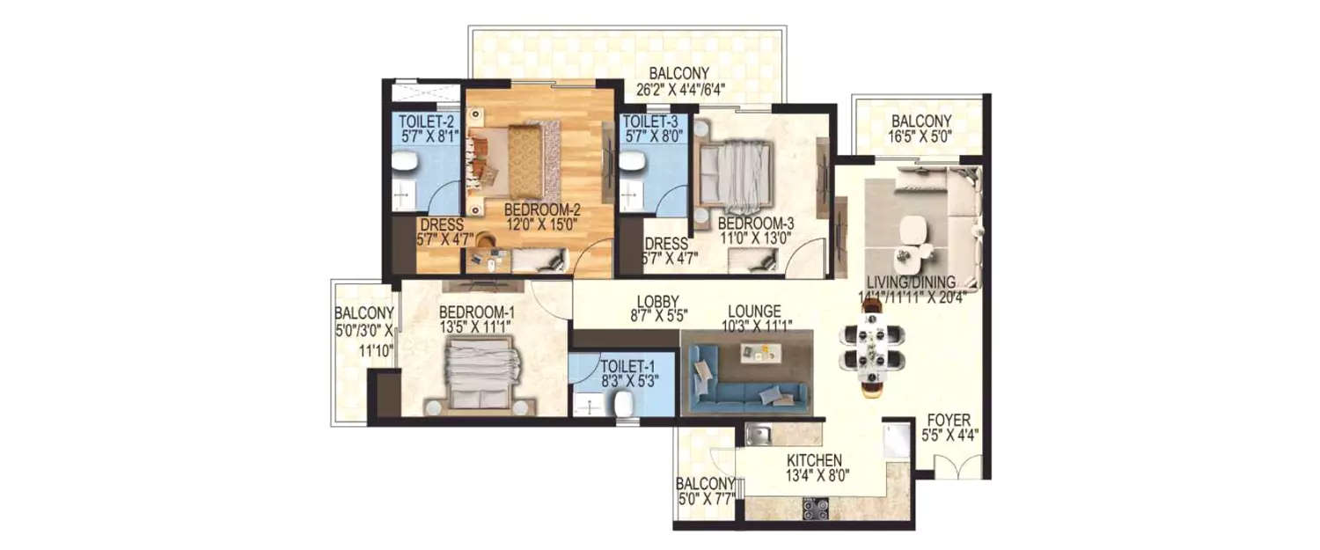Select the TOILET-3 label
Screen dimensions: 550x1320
pos(649,121)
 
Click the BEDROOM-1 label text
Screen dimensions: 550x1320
pos(476,312)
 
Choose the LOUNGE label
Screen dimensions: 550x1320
pos(755,311)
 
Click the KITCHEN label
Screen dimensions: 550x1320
pos(815,460)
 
